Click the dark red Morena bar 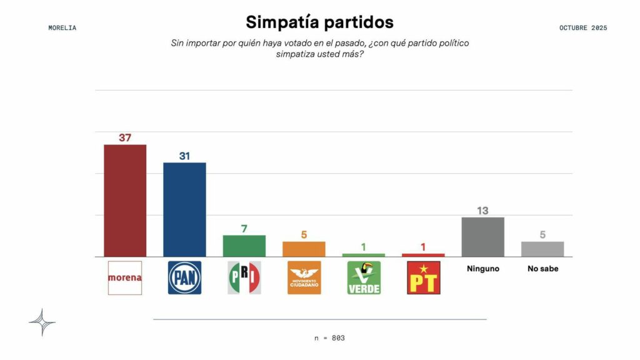coord(125,201)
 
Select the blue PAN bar coord(184,209)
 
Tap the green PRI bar coord(244,246)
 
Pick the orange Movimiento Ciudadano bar coord(304,249)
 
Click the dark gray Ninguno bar coord(482,237)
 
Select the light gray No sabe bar coord(542,249)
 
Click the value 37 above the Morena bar coord(125,137)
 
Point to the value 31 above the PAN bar coord(184,156)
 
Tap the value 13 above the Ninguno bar coord(482,211)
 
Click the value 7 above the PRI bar coord(244,229)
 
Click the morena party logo coord(125,277)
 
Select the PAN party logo coord(184,277)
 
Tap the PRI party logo coord(244,277)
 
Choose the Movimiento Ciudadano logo coord(304,277)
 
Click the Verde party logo coord(364,277)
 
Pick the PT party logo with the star coord(423,277)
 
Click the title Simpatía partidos coord(319,22)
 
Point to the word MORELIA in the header coord(62,27)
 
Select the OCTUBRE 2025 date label coord(583,27)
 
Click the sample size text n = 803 coord(329,338)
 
